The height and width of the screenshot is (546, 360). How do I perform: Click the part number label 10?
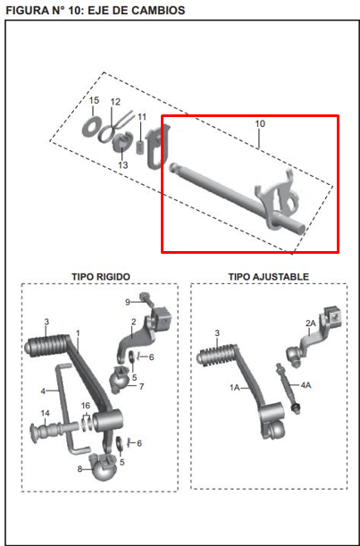(260, 123)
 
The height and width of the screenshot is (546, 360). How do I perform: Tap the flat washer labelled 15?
(92, 126)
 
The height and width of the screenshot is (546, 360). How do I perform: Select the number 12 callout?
(115, 102)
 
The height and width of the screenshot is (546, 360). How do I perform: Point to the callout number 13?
(123, 164)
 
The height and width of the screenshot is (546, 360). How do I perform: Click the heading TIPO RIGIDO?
(101, 277)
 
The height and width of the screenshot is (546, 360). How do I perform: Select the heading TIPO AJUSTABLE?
(268, 277)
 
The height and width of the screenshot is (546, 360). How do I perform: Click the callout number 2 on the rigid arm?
(133, 322)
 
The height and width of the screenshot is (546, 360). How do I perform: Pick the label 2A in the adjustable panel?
(311, 323)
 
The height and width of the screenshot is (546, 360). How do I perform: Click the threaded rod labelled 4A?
(288, 388)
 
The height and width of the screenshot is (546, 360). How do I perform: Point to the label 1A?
(235, 388)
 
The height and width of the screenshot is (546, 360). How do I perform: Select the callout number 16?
(85, 405)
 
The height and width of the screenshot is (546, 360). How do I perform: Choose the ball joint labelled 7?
(119, 380)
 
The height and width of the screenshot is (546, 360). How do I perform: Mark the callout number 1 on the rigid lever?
(78, 333)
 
